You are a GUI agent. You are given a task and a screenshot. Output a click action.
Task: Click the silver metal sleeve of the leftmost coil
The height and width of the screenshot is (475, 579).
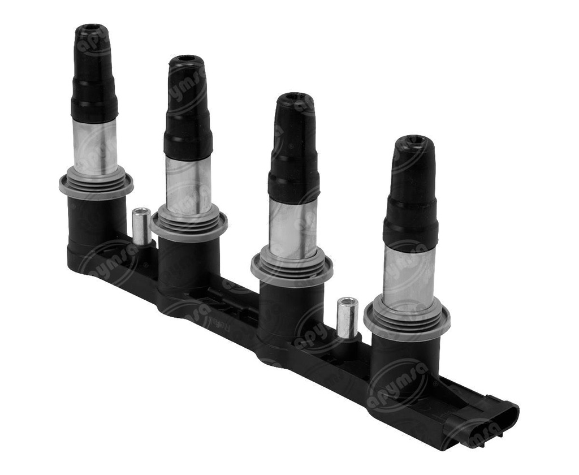point(95,144)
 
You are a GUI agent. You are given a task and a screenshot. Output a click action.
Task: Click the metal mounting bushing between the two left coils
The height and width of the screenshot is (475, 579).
point(141,226)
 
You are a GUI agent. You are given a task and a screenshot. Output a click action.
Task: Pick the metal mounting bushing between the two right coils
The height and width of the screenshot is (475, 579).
point(347,317)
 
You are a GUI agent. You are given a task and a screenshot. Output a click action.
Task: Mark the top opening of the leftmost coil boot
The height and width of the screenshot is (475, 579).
point(92,28)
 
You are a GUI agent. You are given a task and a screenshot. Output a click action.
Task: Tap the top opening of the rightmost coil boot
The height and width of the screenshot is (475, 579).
point(413,140)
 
